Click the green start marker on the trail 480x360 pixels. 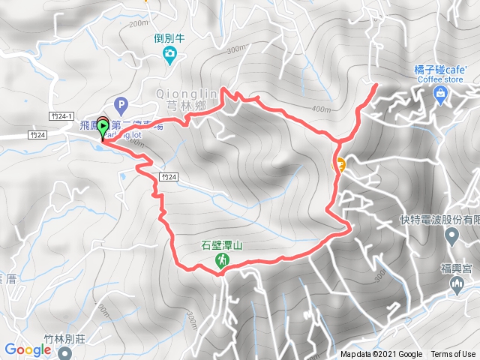(x=102, y=127)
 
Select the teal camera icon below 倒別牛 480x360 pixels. (x=170, y=53)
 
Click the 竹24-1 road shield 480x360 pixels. (x=61, y=116)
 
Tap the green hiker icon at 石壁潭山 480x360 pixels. (x=223, y=259)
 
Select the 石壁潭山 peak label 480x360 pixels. (x=223, y=244)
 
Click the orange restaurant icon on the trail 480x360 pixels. (x=340, y=165)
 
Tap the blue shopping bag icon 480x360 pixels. (x=440, y=94)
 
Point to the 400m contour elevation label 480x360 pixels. (x=320, y=109)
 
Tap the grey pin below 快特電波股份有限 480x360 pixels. (x=451, y=237)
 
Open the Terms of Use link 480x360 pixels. (x=452, y=355)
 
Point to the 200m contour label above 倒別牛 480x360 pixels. (x=139, y=25)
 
